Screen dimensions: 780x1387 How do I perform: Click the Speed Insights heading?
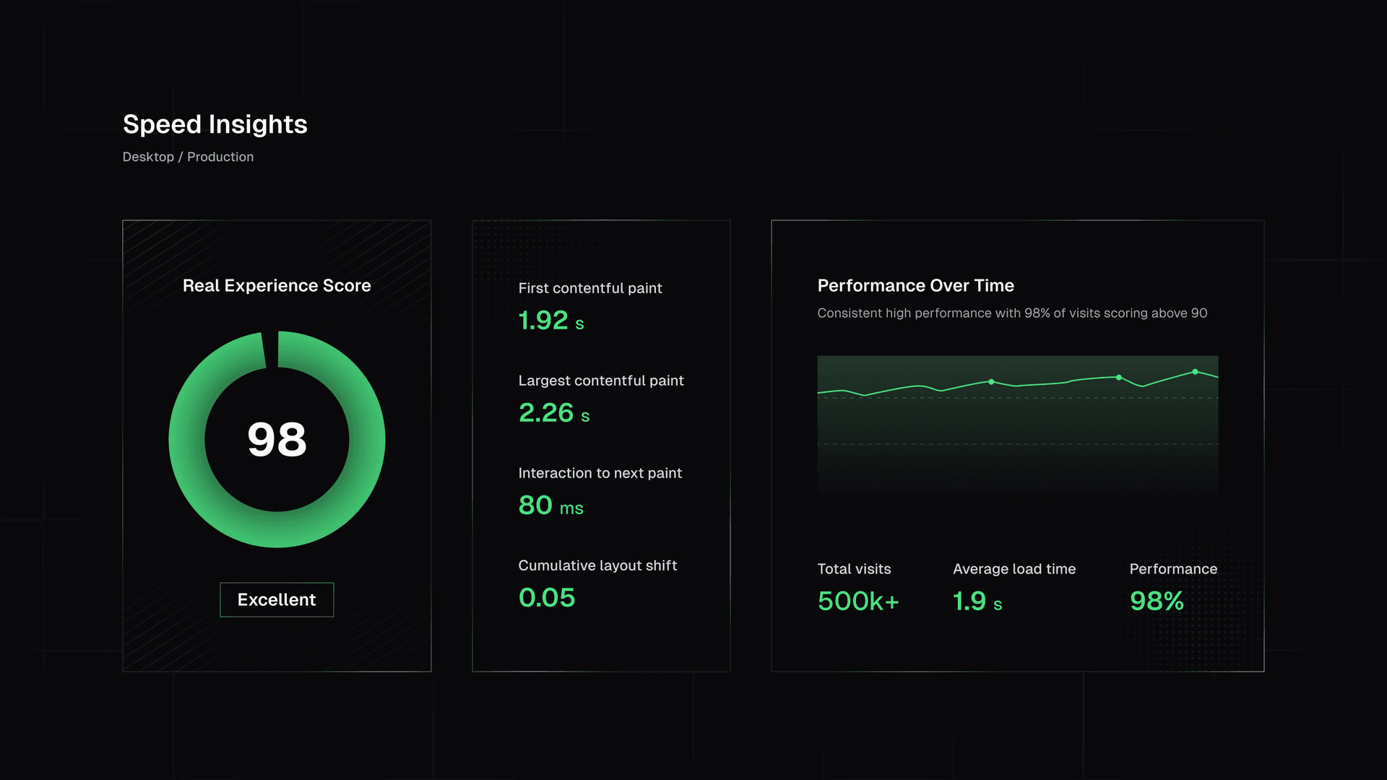click(x=215, y=124)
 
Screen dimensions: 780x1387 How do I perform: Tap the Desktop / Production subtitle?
click(x=188, y=157)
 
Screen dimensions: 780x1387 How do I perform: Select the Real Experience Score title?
click(x=277, y=285)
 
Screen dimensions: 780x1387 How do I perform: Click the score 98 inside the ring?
click(x=277, y=439)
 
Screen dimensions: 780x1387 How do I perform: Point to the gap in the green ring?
click(x=271, y=350)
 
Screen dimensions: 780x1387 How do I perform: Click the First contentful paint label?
click(x=589, y=288)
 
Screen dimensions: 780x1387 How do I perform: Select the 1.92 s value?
click(x=550, y=321)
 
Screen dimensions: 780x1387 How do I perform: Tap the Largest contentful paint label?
click(x=600, y=381)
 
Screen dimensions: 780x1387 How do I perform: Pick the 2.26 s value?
click(x=553, y=413)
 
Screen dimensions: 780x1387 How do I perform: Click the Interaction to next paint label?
click(x=600, y=473)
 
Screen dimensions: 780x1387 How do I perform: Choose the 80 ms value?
click(x=550, y=506)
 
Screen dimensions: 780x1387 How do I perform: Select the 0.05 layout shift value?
click(x=546, y=598)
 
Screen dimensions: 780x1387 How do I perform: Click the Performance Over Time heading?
click(x=915, y=285)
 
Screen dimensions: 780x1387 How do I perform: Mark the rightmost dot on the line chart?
click(x=1195, y=372)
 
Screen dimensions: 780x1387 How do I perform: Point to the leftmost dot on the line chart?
click(x=991, y=381)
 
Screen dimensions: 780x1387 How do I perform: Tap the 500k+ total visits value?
click(x=858, y=601)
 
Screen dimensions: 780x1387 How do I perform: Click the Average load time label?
click(x=1014, y=569)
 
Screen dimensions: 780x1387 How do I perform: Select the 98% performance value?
click(x=1157, y=601)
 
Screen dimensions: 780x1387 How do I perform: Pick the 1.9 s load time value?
click(x=977, y=601)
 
